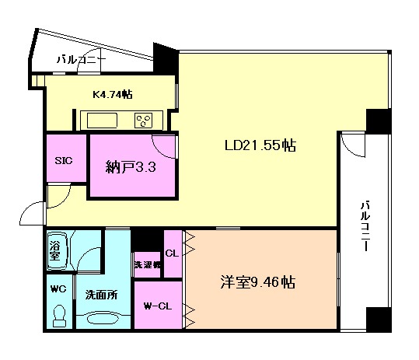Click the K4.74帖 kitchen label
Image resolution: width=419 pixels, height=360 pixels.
click(x=112, y=94)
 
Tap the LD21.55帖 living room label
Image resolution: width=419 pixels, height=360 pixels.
click(x=260, y=145)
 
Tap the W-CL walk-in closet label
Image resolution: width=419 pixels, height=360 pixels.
click(x=157, y=305)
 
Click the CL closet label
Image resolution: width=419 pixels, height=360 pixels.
click(x=172, y=252)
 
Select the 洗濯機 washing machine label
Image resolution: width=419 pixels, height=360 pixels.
click(x=146, y=264)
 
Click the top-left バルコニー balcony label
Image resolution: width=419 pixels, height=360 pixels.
click(x=80, y=58)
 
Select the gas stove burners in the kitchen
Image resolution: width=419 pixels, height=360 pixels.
click(x=143, y=120)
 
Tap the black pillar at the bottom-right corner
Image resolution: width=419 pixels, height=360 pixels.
click(x=379, y=319)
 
